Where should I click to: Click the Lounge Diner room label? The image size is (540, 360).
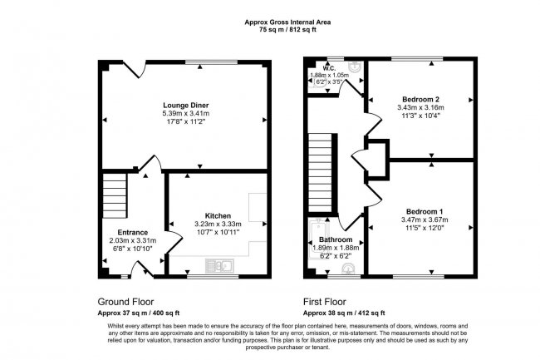pos(185,106)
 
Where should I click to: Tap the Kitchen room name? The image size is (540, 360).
pos(218,215)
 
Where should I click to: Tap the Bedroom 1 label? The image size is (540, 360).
pos(425,210)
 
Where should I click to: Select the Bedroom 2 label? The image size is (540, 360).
pos(420,99)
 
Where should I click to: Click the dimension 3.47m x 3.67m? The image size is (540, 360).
pos(425,219)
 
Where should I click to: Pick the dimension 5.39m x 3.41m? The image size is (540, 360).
pos(185,114)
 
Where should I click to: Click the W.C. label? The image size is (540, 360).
pos(318,68)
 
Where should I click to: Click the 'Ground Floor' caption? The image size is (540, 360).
pos(126,302)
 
